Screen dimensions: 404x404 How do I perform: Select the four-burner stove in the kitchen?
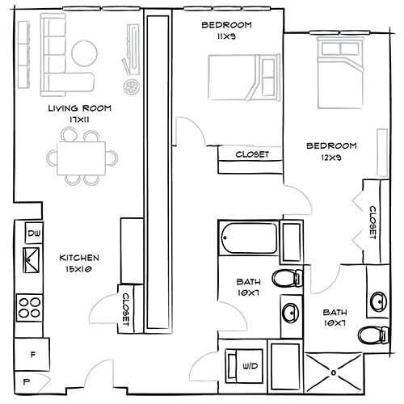tap(31, 308)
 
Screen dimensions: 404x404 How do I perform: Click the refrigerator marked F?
tap(33, 353)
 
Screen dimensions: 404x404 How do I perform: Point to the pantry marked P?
tap(27, 381)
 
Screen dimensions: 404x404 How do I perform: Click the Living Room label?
tap(79, 108)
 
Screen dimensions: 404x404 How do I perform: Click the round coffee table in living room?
tap(85, 53)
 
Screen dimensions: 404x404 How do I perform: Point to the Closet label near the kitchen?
tap(128, 308)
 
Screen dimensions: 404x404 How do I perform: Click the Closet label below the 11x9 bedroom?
tap(251, 154)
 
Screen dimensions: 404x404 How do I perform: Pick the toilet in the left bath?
tap(284, 279)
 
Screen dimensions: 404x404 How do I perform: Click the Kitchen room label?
tap(79, 259)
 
